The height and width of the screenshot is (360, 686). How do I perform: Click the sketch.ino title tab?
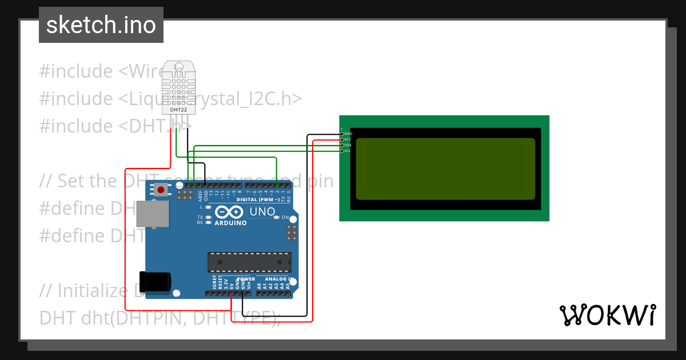coord(101,25)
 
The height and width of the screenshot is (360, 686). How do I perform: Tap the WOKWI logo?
coord(607,315)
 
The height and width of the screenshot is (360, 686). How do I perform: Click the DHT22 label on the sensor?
coord(178,109)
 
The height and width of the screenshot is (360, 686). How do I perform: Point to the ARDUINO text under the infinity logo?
coord(231,223)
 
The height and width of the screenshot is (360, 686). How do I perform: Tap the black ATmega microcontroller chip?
coord(249,262)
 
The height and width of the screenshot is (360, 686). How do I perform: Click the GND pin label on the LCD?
coord(348,134)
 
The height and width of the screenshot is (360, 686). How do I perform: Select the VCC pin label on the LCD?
coord(348,139)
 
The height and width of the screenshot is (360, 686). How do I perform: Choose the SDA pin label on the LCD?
coord(348,145)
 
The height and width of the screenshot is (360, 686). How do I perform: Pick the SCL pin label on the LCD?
coord(348,151)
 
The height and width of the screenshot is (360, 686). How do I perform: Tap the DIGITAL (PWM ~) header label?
coord(258,199)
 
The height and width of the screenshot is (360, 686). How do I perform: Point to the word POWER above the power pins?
coord(246,279)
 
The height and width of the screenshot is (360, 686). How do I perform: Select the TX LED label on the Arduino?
coord(200,217)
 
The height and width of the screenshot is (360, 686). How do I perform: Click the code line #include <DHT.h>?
coord(114,126)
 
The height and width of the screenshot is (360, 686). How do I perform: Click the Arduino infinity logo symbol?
coord(231,213)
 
